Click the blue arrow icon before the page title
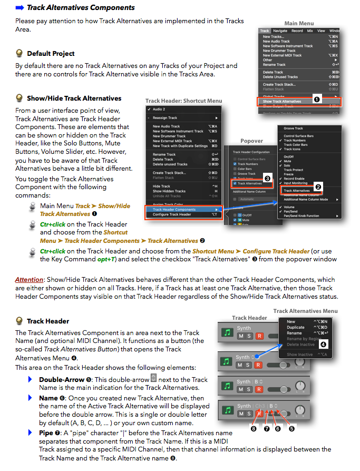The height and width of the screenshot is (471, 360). (20, 8)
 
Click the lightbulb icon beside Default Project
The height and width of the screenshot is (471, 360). (20, 53)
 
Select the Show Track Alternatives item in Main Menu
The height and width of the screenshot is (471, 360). (283, 101)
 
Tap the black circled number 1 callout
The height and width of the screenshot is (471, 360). (317, 99)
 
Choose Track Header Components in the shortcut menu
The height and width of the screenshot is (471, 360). (174, 209)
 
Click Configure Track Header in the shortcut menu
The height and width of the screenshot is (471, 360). (172, 214)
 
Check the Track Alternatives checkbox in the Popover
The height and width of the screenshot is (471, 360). (235, 183)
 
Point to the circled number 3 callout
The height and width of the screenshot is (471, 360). (268, 179)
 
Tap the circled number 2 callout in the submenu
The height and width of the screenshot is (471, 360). (318, 187)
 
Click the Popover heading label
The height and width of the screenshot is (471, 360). (251, 141)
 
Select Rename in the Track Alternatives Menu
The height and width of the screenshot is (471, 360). (294, 333)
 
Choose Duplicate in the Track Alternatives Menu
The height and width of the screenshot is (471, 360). (296, 327)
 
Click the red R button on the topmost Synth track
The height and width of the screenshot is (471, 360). (259, 336)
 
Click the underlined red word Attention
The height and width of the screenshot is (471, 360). (28, 280)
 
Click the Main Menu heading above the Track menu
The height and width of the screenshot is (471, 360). (299, 23)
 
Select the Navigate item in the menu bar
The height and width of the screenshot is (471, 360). (280, 31)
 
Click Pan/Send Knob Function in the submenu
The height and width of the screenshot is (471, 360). (301, 215)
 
